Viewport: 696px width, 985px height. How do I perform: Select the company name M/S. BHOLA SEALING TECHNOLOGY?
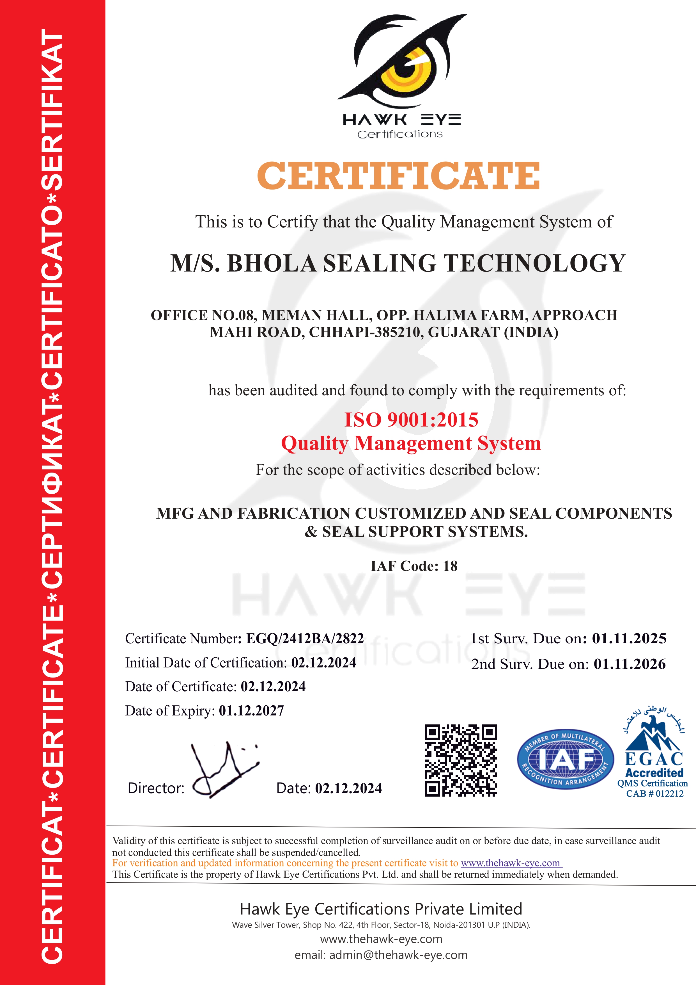pos(398,263)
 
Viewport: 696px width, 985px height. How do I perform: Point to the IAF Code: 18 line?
pos(414,566)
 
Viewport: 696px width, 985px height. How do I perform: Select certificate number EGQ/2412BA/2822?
pos(305,638)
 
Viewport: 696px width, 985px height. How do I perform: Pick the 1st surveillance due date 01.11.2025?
pos(629,638)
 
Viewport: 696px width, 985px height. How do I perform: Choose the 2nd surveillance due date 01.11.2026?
pos(630,664)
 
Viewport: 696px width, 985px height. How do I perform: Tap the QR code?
pos(460,761)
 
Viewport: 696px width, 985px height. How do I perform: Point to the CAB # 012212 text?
pos(654,794)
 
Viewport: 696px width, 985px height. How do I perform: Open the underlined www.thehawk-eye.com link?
pos(511,863)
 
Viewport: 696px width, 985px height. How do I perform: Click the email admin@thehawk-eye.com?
pos(398,955)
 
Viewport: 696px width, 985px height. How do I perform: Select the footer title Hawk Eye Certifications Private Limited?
pos(381,909)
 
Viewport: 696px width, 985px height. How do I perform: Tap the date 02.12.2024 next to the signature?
pos(348,788)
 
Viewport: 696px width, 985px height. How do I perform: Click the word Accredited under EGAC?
pos(654,773)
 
